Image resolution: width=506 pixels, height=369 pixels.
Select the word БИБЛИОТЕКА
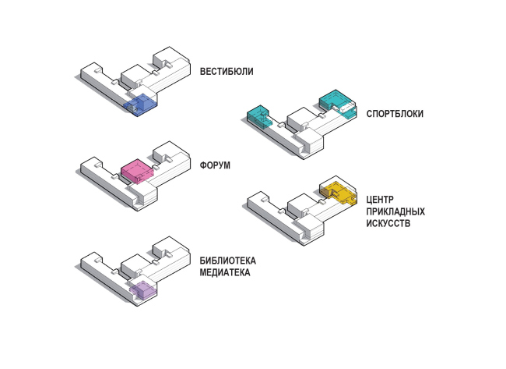tap(227, 260)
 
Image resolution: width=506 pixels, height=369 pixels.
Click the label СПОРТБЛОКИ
tap(395, 114)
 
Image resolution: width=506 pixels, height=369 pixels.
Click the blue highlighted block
tap(142, 105)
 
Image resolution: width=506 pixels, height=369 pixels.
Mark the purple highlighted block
tap(142, 291)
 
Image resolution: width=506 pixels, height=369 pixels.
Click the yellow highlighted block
tap(336, 190)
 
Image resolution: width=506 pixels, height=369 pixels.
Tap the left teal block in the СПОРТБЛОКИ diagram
tap(257, 115)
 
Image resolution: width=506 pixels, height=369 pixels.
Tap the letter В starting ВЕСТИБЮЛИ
tap(202, 72)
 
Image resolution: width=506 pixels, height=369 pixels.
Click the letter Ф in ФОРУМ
tap(204, 165)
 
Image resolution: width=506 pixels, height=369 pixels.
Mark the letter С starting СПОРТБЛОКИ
tap(370, 114)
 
